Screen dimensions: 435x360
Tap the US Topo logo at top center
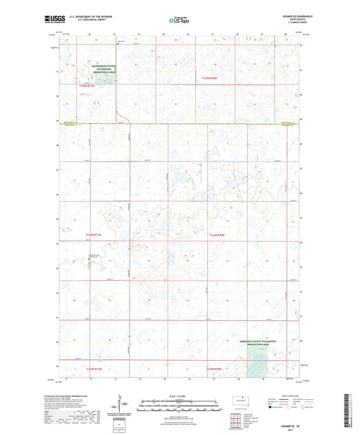click(x=178, y=21)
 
